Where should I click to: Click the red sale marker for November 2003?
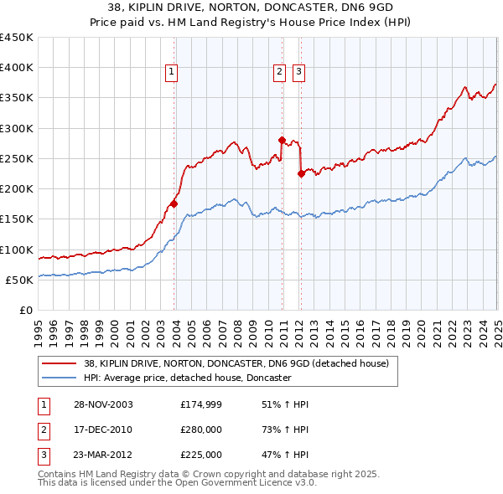tap(174, 203)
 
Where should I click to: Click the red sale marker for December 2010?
tap(282, 140)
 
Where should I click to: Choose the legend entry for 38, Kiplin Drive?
tap(236, 364)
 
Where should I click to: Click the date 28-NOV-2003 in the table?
tap(102, 404)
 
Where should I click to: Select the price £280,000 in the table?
tap(201, 430)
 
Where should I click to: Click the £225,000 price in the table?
tap(201, 455)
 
